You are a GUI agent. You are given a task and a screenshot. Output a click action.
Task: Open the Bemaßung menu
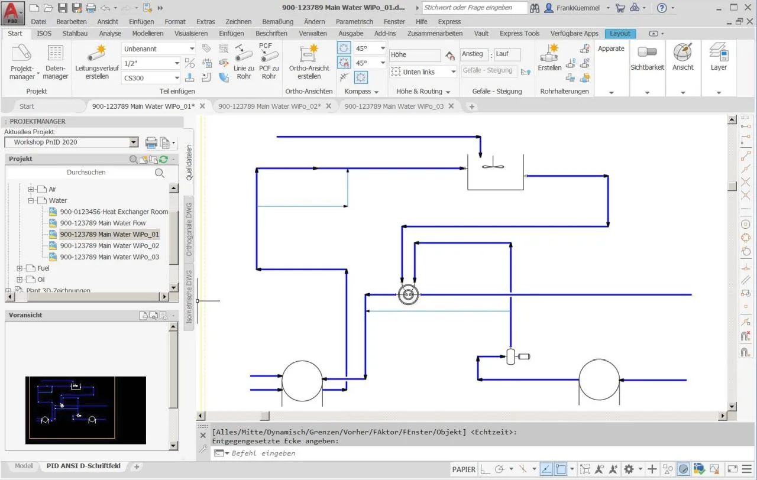click(277, 22)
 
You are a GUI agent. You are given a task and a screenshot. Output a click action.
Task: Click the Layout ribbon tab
click(620, 34)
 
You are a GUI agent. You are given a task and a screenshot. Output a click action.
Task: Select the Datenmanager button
click(56, 63)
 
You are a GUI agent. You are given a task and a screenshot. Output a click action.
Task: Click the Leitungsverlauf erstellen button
click(96, 63)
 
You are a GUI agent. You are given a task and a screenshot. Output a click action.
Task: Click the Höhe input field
click(415, 55)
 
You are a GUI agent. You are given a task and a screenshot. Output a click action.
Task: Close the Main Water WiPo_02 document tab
click(328, 106)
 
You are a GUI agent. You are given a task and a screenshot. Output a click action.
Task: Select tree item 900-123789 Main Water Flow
click(103, 223)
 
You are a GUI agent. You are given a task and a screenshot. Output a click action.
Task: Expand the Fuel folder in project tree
click(20, 268)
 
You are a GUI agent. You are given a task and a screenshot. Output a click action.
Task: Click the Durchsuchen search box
click(86, 172)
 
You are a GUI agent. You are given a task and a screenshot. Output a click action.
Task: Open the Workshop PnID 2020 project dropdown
click(134, 142)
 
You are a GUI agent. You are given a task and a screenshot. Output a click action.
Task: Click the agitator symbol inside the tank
click(493, 165)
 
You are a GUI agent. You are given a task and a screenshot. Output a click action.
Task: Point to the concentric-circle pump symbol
click(408, 294)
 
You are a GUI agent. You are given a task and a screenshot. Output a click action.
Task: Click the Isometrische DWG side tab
click(189, 297)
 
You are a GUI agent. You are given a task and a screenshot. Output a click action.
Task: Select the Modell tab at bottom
click(24, 466)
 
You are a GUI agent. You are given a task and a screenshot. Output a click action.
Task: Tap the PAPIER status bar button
click(464, 469)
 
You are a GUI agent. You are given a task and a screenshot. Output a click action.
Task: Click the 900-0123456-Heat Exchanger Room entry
click(114, 212)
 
